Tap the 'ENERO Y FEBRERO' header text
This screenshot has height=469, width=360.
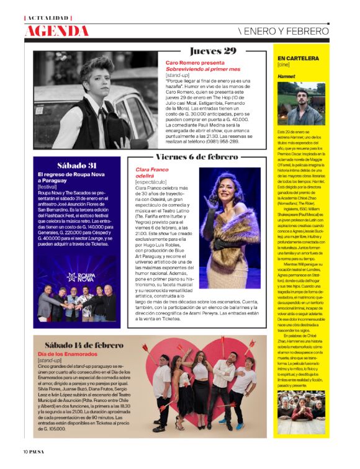[x=284, y=31]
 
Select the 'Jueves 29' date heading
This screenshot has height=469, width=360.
[x=213, y=51]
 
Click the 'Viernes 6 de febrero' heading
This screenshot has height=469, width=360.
[x=196, y=158]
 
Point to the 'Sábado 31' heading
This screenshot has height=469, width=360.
[x=76, y=166]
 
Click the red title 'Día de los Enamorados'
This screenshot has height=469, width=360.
[x=65, y=354]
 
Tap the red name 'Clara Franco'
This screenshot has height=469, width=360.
[x=151, y=169]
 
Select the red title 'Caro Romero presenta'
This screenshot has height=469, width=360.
[x=194, y=63]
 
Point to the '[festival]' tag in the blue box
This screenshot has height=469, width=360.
[x=48, y=186]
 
